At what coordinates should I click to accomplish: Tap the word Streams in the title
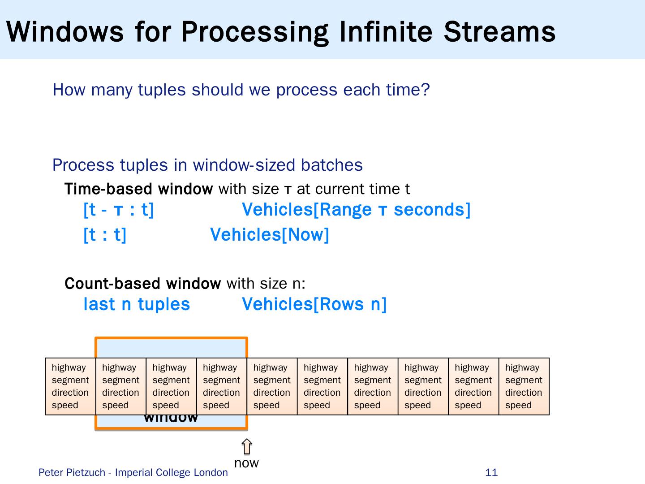click(499, 31)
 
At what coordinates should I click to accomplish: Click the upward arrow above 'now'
click(247, 447)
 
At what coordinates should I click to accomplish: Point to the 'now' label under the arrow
click(246, 463)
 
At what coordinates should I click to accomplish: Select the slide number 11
click(491, 472)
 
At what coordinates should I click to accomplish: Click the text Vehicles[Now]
click(270, 234)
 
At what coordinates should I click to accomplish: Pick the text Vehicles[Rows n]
click(314, 304)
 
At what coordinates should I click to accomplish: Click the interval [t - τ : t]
click(119, 210)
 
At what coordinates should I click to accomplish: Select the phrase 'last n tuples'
click(137, 304)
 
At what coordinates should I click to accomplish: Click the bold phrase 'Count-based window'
click(142, 284)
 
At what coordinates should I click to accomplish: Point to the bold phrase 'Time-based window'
click(138, 189)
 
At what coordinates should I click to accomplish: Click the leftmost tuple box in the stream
click(70, 386)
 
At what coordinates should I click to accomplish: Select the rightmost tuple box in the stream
click(524, 386)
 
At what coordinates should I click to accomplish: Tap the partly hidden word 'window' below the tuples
click(171, 419)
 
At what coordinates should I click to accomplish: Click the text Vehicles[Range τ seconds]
click(356, 210)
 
